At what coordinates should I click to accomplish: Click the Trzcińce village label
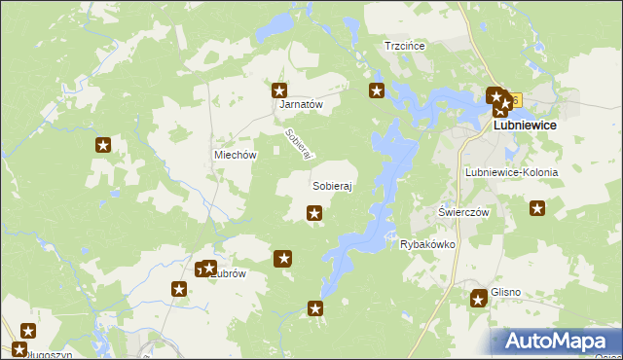(x=406, y=46)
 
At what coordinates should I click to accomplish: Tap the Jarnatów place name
(x=301, y=104)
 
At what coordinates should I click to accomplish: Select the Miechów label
(x=235, y=156)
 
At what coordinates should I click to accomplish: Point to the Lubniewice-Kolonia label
(x=512, y=172)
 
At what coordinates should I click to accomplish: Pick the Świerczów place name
(x=463, y=212)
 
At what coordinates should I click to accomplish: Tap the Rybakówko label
(x=427, y=245)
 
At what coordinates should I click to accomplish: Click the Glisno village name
(x=506, y=291)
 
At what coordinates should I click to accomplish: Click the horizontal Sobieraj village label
(x=331, y=185)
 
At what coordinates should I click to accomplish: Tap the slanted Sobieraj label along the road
(x=298, y=145)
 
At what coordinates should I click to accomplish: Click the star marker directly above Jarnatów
(x=280, y=90)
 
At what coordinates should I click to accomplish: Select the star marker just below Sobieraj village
(x=314, y=213)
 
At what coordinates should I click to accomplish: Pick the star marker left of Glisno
(x=479, y=298)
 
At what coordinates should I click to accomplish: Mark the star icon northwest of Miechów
(x=103, y=146)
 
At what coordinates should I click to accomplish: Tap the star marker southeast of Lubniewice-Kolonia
(x=537, y=207)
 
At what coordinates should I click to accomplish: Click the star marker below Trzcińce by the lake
(x=377, y=91)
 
